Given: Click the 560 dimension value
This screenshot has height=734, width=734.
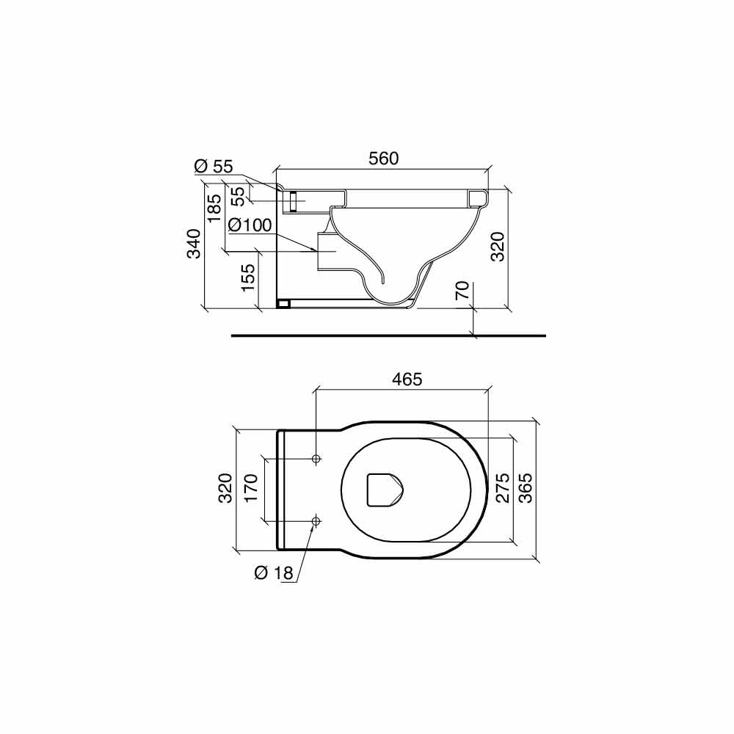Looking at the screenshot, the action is (383, 159).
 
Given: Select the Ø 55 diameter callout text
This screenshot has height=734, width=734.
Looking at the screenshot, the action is (214, 166).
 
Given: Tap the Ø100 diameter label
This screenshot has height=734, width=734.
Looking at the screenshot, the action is (250, 225).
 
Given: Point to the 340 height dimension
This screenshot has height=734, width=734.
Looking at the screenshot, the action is (194, 244).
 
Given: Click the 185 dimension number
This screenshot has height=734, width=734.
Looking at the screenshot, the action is (214, 208).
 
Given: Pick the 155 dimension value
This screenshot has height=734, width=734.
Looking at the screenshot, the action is (249, 278).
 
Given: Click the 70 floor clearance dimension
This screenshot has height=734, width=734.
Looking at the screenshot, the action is (462, 291).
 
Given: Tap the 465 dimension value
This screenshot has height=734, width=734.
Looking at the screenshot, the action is (407, 379).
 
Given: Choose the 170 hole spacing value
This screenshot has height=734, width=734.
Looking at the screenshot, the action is (251, 488).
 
